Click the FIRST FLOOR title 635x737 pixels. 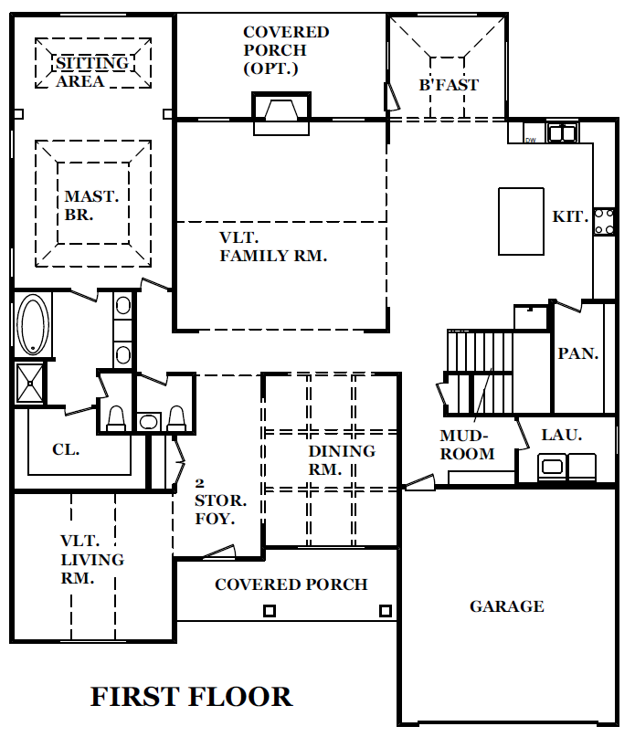click(192, 697)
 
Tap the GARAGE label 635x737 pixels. click(507, 606)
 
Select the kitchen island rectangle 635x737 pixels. click(521, 221)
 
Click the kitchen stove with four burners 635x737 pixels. click(604, 222)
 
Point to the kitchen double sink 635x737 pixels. click(563, 133)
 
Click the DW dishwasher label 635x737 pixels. click(531, 140)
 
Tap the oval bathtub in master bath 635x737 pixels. click(33, 324)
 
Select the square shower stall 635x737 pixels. click(30, 383)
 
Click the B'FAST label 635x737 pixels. click(449, 85)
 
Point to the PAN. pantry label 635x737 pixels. click(578, 353)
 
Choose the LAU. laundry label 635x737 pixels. click(562, 436)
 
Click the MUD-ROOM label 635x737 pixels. click(467, 445)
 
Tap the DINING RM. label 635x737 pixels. click(342, 460)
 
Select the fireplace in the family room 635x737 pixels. click(281, 113)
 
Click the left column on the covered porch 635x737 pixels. click(269, 611)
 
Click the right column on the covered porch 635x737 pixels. click(386, 611)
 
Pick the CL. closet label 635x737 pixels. click(66, 450)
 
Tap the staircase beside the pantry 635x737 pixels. click(480, 373)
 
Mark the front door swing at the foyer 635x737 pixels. click(218, 552)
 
